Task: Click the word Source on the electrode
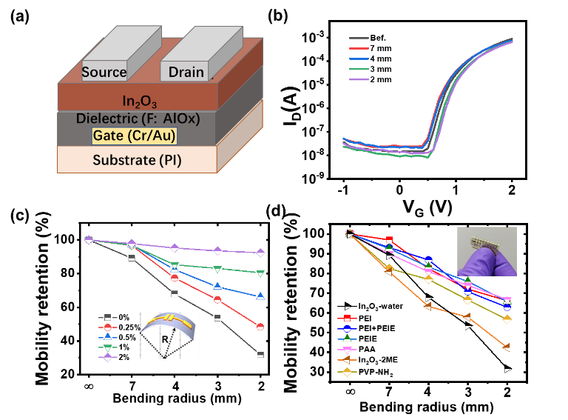click(x=104, y=72)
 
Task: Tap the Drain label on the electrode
click(x=186, y=72)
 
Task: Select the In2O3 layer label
click(x=139, y=101)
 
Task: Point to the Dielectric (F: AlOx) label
click(x=138, y=119)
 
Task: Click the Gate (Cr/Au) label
click(x=135, y=136)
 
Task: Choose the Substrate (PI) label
click(x=137, y=160)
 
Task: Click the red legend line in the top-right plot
click(x=359, y=47)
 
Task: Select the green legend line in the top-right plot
click(x=359, y=68)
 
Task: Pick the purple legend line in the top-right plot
click(x=359, y=79)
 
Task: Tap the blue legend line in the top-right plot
click(x=359, y=58)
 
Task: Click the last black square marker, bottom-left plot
click(x=260, y=355)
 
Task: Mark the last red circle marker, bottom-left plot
click(x=260, y=327)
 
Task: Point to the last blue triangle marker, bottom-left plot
click(x=260, y=296)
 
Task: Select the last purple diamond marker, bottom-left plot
click(x=260, y=253)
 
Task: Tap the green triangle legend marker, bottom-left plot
click(x=108, y=347)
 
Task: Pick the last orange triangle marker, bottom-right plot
click(x=507, y=347)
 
